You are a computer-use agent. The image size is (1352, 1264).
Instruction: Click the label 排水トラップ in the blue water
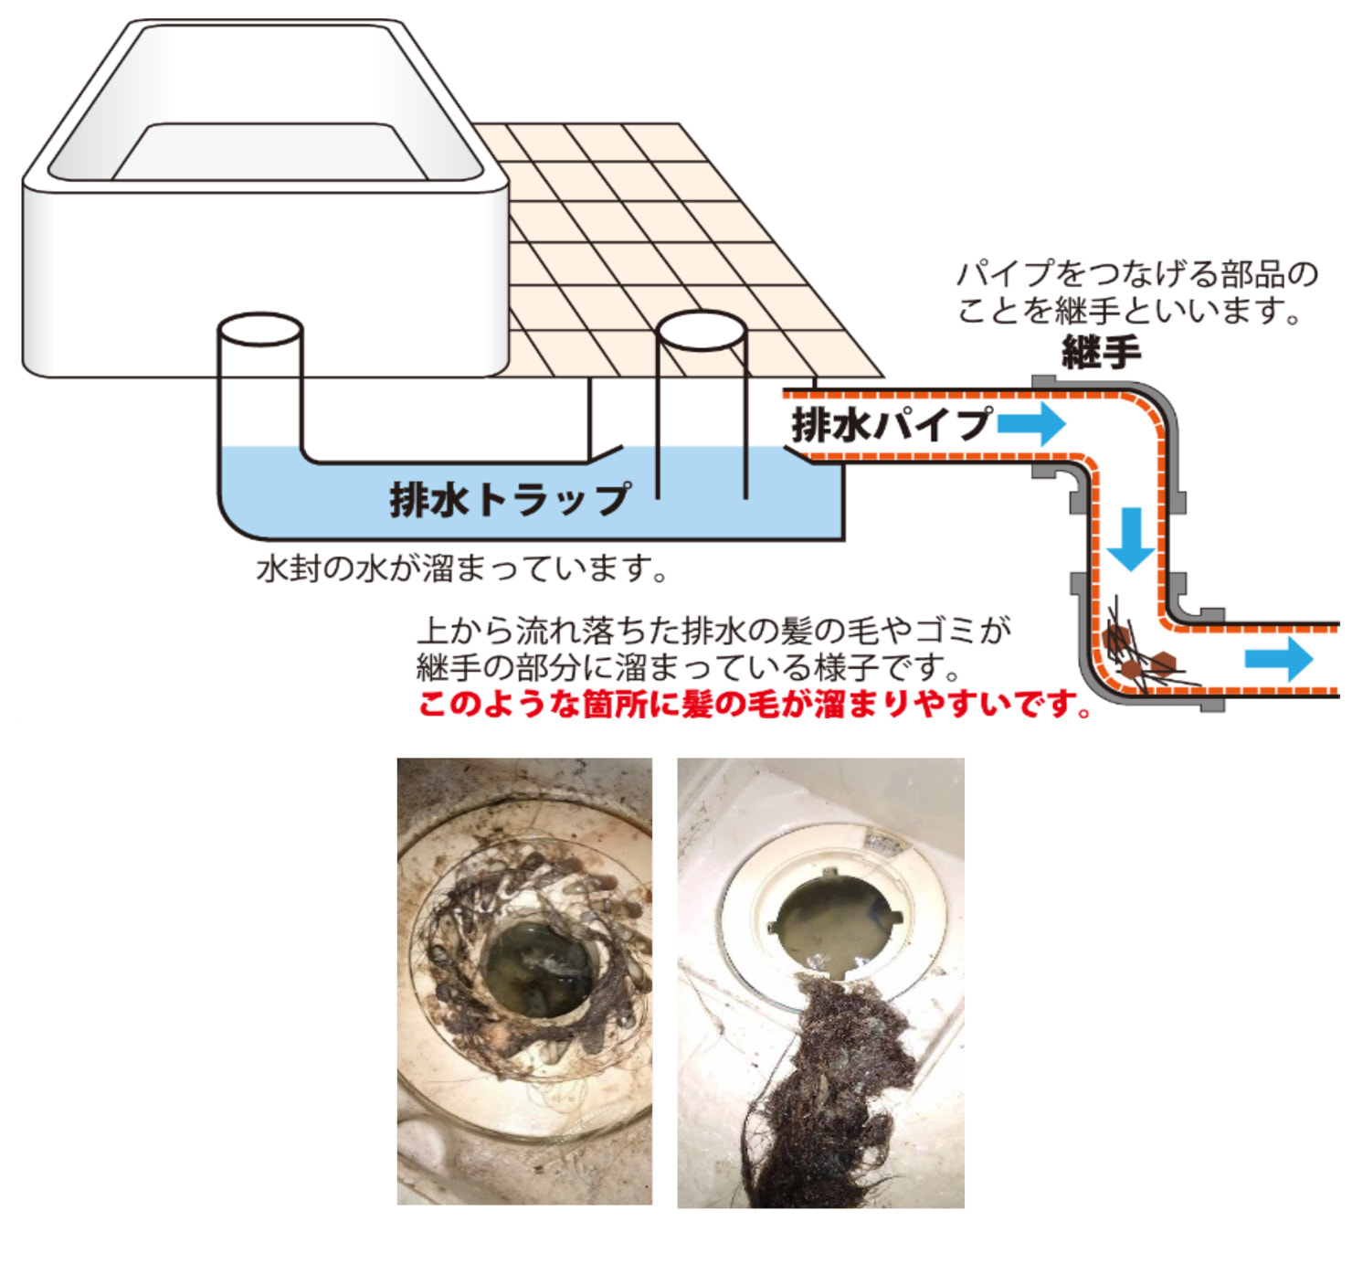click(x=510, y=500)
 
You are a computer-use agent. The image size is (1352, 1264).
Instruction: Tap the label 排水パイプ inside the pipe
click(x=891, y=424)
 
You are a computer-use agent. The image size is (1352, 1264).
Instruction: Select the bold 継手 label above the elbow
click(x=1101, y=352)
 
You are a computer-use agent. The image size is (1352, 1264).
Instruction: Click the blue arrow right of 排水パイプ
click(x=1031, y=424)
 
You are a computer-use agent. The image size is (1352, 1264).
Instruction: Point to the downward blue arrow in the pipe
click(x=1131, y=539)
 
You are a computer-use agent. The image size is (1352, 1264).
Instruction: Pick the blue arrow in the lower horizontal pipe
click(x=1279, y=659)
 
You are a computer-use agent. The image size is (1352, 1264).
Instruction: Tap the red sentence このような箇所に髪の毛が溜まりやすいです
click(x=755, y=705)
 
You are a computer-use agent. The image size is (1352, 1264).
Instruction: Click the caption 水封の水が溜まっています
click(x=462, y=569)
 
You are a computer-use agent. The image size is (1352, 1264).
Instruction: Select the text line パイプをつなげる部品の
click(x=1137, y=274)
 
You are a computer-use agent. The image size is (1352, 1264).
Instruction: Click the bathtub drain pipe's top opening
click(x=260, y=330)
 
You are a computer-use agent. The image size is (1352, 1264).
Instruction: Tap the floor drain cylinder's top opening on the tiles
click(x=702, y=331)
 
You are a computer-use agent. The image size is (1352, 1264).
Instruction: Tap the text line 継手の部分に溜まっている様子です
click(x=688, y=668)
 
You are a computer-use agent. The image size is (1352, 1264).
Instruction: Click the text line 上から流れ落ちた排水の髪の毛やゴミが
click(x=714, y=631)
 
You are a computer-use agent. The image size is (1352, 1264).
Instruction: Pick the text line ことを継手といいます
click(x=1129, y=311)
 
